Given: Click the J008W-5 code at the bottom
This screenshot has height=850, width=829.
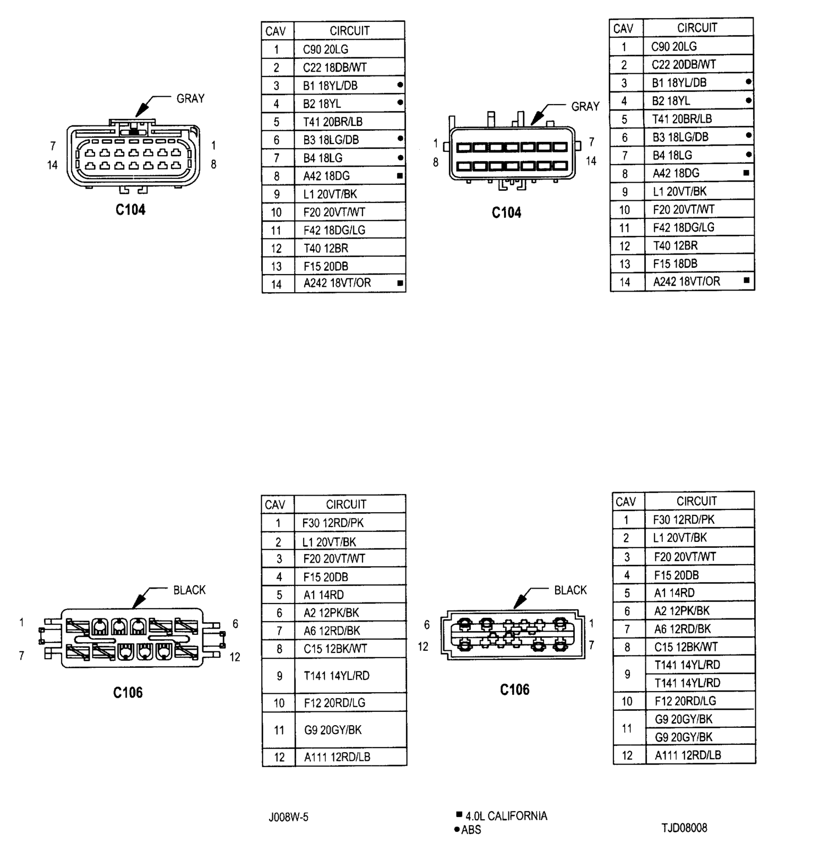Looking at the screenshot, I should tap(288, 817).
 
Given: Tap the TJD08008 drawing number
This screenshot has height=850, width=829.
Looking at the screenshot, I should tap(684, 828).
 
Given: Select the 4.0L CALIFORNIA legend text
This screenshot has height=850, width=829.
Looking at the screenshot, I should tap(506, 815).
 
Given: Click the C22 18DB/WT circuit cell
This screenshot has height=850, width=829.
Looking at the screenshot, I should tap(335, 67).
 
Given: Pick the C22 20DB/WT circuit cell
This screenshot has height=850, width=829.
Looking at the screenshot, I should tap(684, 64).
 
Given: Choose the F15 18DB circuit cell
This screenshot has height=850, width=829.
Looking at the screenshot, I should tap(675, 263).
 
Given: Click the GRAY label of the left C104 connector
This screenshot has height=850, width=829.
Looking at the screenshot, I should tap(191, 98).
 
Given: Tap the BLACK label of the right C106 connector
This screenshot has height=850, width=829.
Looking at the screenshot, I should tap(571, 590).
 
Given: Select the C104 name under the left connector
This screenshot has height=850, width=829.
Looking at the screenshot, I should tap(131, 210).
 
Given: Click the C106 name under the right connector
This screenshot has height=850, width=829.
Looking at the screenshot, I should tap(515, 690).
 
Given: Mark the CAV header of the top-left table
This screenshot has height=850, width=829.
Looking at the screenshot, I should tap(275, 31).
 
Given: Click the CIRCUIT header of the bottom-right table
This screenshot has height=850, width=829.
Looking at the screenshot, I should tap(696, 501).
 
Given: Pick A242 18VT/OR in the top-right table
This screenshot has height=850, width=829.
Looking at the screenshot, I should tap(686, 282).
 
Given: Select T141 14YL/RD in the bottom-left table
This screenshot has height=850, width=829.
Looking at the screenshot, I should tap(336, 676).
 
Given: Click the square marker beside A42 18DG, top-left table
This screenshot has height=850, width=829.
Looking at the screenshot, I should tap(400, 176).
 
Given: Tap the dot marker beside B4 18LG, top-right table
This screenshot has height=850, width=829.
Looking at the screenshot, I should tap(748, 155).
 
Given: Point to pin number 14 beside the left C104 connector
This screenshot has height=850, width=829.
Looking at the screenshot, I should tap(52, 165).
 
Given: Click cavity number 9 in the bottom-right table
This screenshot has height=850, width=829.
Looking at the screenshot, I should tap(627, 674).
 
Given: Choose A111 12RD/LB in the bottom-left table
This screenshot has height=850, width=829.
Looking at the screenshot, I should tap(337, 757).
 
